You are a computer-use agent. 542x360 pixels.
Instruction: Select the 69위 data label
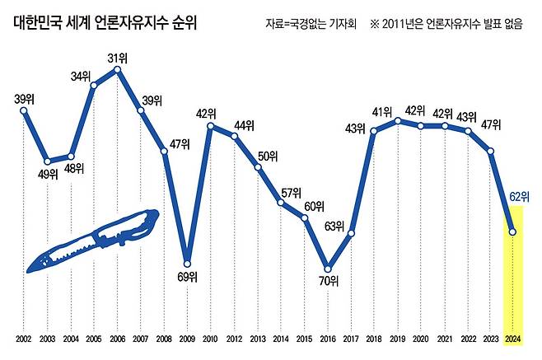pyautogui.click(x=189, y=278)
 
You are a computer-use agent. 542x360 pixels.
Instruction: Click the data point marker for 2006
pyautogui.click(x=118, y=70)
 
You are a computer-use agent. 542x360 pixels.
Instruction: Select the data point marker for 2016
pyautogui.click(x=328, y=269)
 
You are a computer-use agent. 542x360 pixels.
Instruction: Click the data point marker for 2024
pyautogui.click(x=513, y=232)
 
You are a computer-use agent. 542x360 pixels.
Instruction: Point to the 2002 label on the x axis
pyautogui.click(x=24, y=339)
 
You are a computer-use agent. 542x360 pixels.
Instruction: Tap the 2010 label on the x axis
pyautogui.click(x=212, y=339)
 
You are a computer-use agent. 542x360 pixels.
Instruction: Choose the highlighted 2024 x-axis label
pyautogui.click(x=513, y=339)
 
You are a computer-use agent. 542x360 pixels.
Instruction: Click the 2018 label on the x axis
pyautogui.click(x=375, y=339)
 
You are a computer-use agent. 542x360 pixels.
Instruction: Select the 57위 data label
pyautogui.click(x=292, y=193)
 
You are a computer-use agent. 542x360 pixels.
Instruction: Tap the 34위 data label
pyautogui.click(x=80, y=77)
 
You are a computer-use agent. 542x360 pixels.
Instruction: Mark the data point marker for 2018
pyautogui.click(x=375, y=130)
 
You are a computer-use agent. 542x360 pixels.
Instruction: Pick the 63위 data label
pyautogui.click(x=335, y=225)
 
